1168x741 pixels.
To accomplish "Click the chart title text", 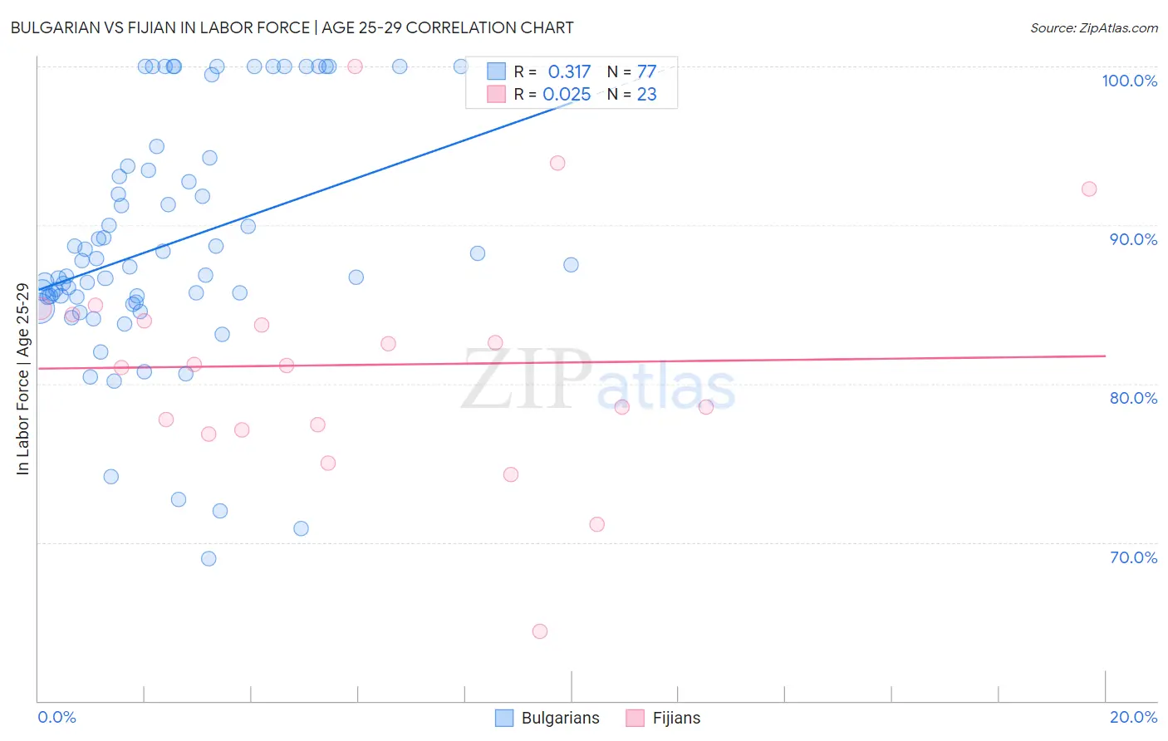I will point(292,27).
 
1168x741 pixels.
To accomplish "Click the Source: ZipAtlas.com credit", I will point(1093,27).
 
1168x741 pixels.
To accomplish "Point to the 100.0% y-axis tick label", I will point(1129,81).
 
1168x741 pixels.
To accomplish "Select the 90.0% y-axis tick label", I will point(1133,239).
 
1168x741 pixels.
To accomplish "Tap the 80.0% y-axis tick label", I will point(1133,398).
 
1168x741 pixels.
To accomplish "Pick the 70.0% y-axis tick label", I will point(1133,557).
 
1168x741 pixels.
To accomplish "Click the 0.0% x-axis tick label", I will point(56,717).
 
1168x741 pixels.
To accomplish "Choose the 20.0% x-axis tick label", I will point(1133,717).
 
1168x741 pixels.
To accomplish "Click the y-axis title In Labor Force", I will point(22,379).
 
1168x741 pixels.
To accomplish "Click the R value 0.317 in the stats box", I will point(569,72).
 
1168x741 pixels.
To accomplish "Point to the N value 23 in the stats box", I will point(646,95).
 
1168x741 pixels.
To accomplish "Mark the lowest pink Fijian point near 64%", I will point(540,631).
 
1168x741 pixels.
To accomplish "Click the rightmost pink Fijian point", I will point(1089,189).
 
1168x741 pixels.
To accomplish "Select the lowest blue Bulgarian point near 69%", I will point(209,559).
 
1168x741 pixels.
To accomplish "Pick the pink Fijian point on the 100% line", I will point(355,66).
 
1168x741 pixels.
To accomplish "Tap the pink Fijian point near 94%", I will point(557,163).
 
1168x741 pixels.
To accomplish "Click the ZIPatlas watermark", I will point(598,380).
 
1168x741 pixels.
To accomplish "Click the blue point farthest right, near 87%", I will point(571,265).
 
